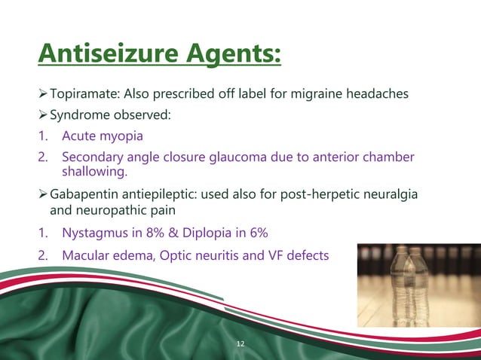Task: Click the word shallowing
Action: click(x=90, y=172)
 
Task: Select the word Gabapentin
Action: click(x=82, y=196)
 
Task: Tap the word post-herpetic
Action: click(x=327, y=196)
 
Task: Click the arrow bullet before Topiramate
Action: click(x=42, y=93)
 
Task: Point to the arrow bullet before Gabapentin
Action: click(x=42, y=196)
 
